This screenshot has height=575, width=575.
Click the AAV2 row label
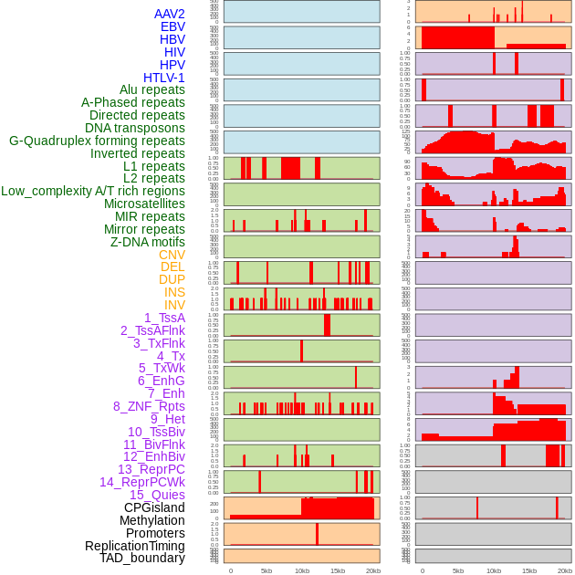pos(169,14)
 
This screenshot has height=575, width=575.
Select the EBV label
pos(172,26)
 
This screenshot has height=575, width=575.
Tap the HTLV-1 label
pos(163,78)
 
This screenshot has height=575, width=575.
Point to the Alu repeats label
pos(152,89)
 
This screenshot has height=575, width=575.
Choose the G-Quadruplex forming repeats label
pos(97,141)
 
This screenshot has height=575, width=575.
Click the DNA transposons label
pos(134,128)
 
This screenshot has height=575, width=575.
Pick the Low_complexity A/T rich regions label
pos(93,191)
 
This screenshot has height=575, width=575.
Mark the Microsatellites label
pos(144,204)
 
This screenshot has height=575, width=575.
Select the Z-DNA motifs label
pos(148,242)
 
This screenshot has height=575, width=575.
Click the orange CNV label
pos(172,255)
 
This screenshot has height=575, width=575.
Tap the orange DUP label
pos(172,279)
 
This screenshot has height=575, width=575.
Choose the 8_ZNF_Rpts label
pos(149,406)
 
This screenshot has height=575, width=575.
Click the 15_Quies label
pos(157,495)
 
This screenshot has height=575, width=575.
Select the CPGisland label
pos(154,507)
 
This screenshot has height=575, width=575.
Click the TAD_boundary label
pos(142,558)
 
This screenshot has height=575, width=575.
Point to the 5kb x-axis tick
pos(267,570)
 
